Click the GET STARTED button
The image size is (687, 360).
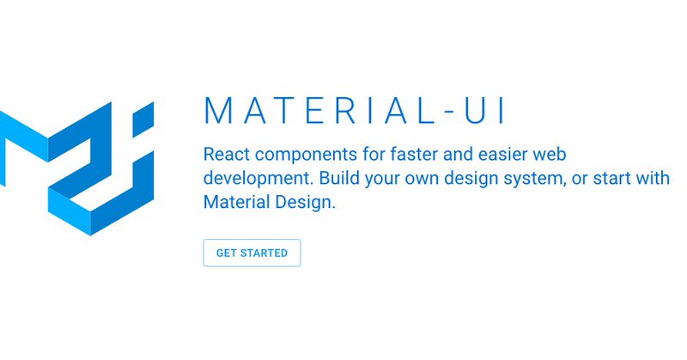pos(252,253)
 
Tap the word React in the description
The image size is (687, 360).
pos(227,155)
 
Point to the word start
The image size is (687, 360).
pos(612,179)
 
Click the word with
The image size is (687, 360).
pos(653,178)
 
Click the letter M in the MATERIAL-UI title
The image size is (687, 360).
pos(218,110)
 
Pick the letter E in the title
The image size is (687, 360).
pos(314,110)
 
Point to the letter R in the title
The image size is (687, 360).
pos(346,110)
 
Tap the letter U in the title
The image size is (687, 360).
pos(476,110)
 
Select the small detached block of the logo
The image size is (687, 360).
pos(143,119)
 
